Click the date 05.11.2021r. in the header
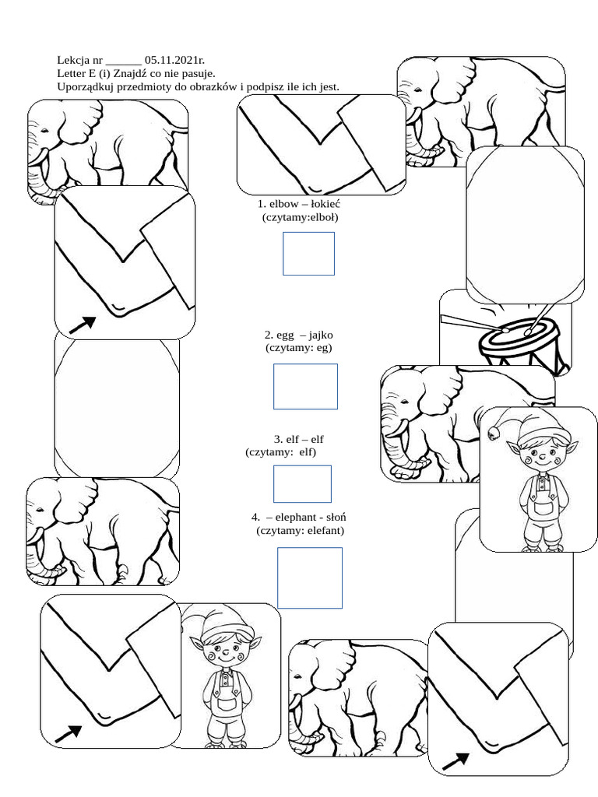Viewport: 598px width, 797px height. [175, 60]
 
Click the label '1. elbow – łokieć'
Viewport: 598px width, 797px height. [299, 204]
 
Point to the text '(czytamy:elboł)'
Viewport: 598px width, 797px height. [300, 218]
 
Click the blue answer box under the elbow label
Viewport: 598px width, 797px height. [308, 254]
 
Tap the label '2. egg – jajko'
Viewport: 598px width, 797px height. [298, 335]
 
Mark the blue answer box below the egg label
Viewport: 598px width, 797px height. [305, 386]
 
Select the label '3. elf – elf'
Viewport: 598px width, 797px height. [298, 439]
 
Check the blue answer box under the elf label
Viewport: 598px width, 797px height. [303, 484]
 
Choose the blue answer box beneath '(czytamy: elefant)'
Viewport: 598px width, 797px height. [310, 578]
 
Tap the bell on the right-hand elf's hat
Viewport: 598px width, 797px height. [493, 434]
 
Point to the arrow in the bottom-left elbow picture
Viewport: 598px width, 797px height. [69, 733]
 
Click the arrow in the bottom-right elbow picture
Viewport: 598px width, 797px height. [456, 762]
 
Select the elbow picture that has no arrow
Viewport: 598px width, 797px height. [322, 145]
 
